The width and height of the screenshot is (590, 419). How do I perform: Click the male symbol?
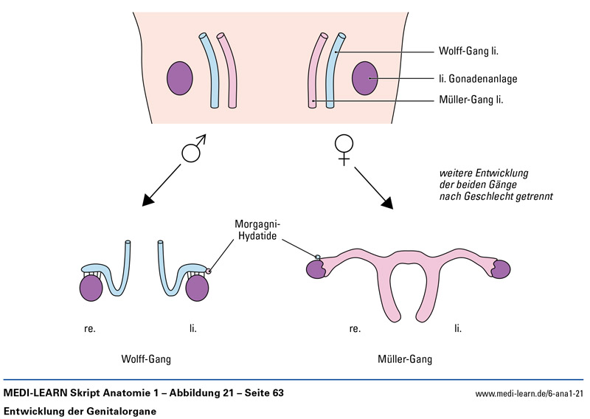tap(193, 150)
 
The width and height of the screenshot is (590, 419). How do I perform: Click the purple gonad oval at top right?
tap(364, 78)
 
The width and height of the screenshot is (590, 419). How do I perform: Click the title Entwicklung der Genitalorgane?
tap(80, 410)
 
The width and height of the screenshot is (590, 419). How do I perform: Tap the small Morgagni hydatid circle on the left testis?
tap(209, 271)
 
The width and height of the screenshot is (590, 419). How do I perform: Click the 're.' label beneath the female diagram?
tap(355, 328)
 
